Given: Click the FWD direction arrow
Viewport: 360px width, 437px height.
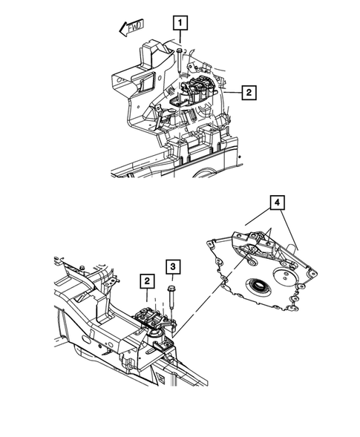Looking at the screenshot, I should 131,29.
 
